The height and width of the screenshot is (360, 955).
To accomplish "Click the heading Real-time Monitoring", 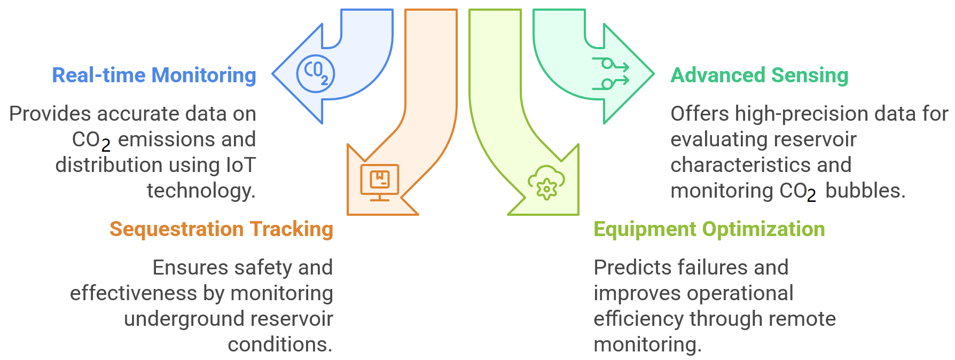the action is click(x=154, y=75).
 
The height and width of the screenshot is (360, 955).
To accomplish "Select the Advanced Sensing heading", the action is click(x=760, y=75).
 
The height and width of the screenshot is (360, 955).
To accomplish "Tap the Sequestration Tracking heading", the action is click(x=221, y=229).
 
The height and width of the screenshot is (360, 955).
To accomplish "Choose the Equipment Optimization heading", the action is click(x=709, y=229).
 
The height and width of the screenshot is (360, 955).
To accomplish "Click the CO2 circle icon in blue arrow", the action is click(x=316, y=74).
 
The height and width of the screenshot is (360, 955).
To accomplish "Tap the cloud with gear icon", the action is click(x=546, y=183).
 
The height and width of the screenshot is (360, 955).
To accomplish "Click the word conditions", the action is click(x=280, y=345).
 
